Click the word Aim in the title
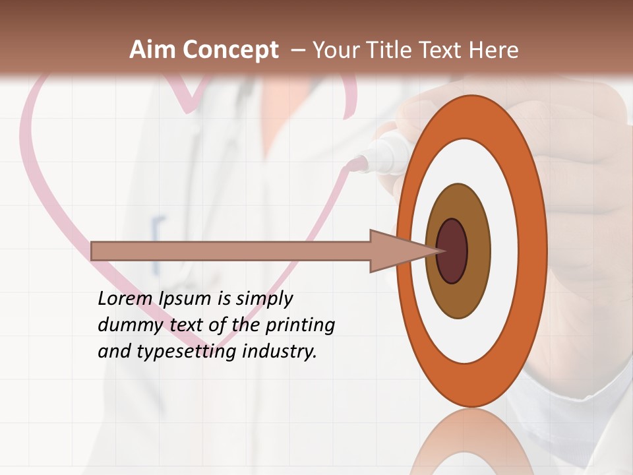(152, 50)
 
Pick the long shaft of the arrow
(231, 251)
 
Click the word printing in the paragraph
(300, 326)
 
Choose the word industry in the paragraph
(280, 352)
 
